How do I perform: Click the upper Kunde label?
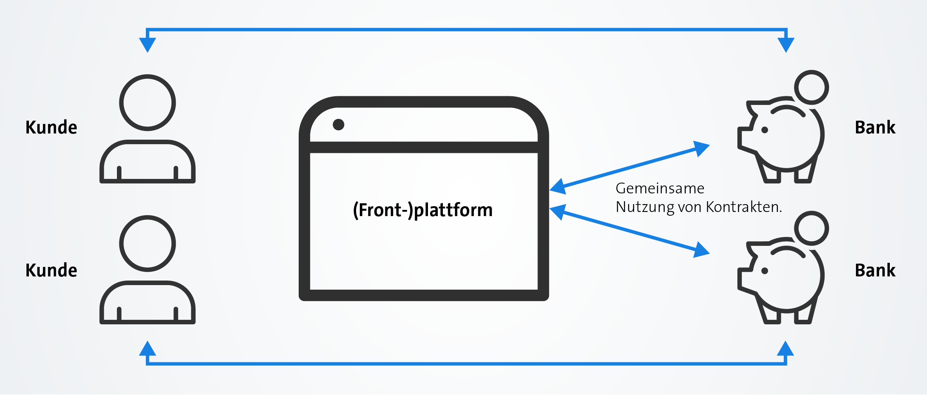[51, 127]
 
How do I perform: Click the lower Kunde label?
[51, 270]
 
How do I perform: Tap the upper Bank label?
[875, 127]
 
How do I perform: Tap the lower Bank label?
[875, 270]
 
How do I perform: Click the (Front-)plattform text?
[423, 210]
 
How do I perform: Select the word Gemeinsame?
[660, 188]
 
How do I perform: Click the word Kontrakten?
[744, 207]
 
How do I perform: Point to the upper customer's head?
[147, 102]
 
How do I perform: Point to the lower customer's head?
[147, 243]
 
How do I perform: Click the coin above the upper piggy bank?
[811, 88]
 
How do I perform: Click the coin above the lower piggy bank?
[811, 228]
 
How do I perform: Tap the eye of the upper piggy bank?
[765, 130]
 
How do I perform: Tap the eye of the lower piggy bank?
[765, 271]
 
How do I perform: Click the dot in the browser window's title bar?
[338, 124]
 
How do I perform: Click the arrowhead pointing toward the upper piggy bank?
[701, 148]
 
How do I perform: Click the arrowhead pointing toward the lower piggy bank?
[701, 250]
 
